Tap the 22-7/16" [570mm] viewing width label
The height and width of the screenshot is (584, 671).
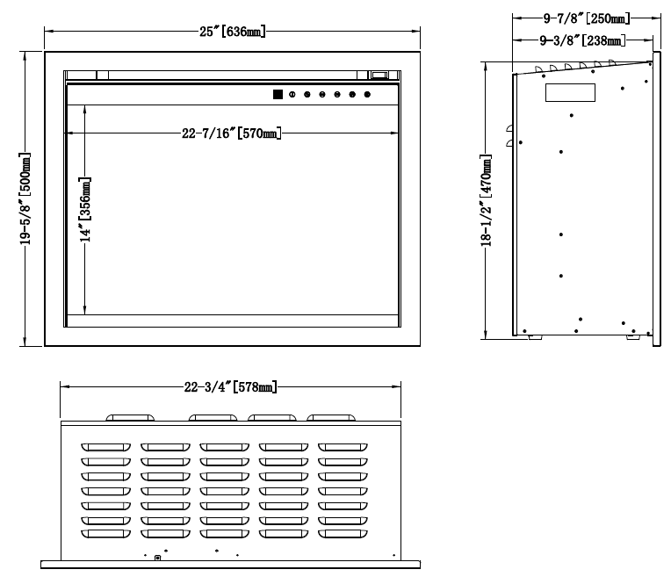231,133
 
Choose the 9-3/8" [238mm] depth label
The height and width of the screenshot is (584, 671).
581,40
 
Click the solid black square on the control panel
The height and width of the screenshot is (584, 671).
277,94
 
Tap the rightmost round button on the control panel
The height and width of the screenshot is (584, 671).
367,94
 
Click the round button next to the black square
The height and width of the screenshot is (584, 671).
292,94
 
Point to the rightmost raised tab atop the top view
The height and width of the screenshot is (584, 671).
335,418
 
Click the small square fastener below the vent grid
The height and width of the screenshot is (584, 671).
157,557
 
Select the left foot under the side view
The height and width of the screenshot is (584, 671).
531,335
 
